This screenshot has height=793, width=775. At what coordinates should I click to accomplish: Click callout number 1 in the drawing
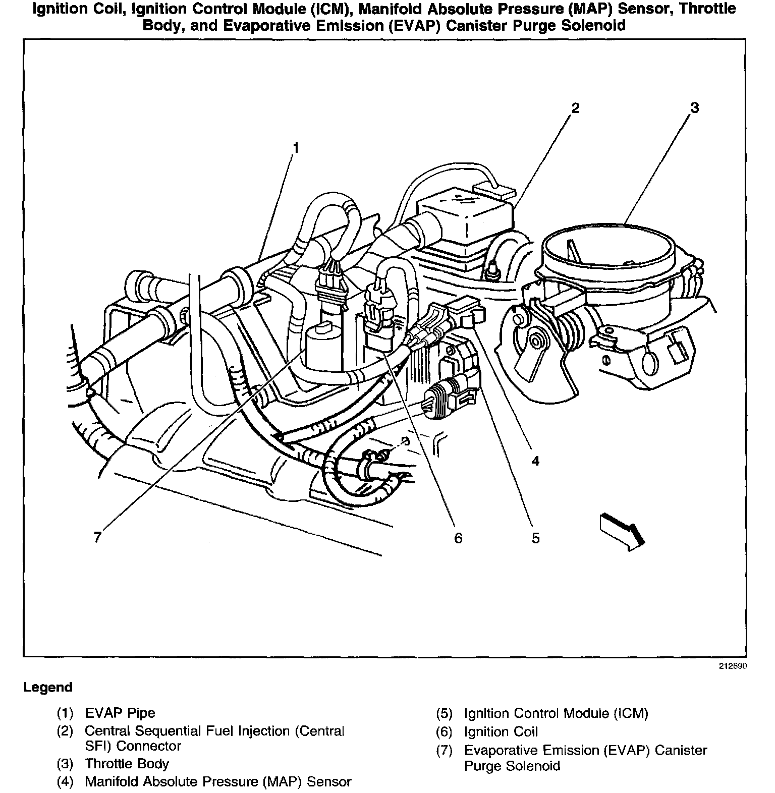[x=296, y=147]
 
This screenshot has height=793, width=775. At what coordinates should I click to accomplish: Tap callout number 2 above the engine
[x=575, y=107]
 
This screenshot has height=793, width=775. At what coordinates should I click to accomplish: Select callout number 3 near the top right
[x=695, y=107]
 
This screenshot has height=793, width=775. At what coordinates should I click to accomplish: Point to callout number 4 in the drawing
[x=535, y=460]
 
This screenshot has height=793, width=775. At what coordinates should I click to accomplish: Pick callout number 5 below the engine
[x=535, y=538]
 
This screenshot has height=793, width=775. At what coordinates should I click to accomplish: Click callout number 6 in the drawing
[x=458, y=538]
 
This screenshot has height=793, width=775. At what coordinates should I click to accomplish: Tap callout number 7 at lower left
[x=97, y=537]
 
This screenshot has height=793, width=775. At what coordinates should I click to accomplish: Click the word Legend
[x=48, y=687]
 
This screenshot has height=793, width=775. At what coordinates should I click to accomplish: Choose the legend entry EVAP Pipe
[x=120, y=713]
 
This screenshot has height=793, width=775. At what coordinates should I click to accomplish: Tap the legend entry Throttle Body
[x=127, y=764]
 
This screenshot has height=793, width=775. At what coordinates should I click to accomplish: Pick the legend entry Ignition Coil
[x=501, y=731]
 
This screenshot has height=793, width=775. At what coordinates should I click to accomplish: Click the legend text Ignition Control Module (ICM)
[x=556, y=713]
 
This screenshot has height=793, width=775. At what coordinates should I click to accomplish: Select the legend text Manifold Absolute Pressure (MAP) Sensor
[x=218, y=781]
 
